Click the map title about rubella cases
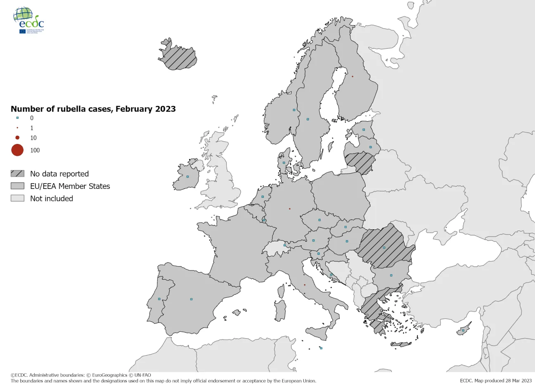[x=93, y=109]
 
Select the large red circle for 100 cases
[x=17, y=150]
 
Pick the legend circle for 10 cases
[x=17, y=138]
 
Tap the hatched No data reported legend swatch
[x=17, y=174]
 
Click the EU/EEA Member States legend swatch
[x=17, y=186]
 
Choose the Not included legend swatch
[x=17, y=198]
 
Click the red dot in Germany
[x=290, y=209]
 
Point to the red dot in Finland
[x=353, y=76]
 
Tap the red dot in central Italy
[x=305, y=285]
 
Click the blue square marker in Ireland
[x=187, y=177]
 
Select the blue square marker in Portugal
[x=159, y=299]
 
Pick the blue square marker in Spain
[x=191, y=299]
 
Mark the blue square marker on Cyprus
[x=463, y=330]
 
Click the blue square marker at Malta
[x=321, y=348]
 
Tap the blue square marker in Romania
[x=384, y=247]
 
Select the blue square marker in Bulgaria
[x=391, y=276]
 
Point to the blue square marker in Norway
[x=294, y=110]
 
